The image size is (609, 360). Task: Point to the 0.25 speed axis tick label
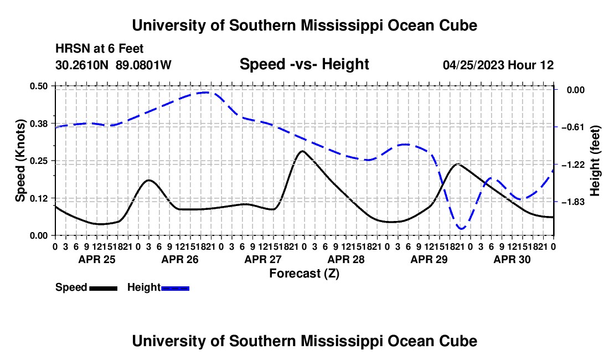pos(38,161)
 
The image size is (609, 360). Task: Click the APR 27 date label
pos(263,259)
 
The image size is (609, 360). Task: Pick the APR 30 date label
pos(512,259)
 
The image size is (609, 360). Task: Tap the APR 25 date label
pos(97,259)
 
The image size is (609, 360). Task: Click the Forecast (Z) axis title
pos(304,274)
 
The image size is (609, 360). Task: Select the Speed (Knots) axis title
pos(20,161)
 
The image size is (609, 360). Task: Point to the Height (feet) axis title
pos(595,161)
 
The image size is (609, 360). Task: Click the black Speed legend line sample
pos(104,288)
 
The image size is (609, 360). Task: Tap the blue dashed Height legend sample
pos(175,288)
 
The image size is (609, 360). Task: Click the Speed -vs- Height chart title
pos(304,64)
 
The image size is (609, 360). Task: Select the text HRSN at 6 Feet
pos(100,49)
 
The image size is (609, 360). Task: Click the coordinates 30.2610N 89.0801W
pos(113,65)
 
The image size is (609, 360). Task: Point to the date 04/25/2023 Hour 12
pos(498,65)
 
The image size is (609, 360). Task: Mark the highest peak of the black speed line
pos(302,151)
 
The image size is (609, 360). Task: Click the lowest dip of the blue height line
pos(461,228)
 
